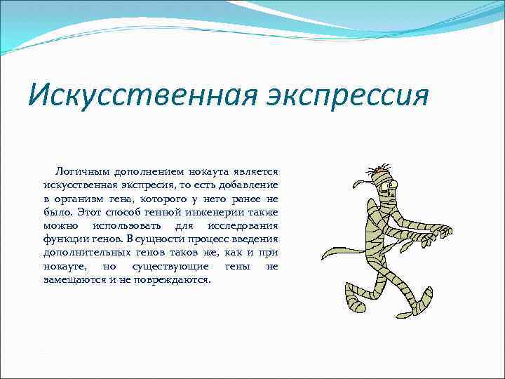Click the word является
coord(255,171)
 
